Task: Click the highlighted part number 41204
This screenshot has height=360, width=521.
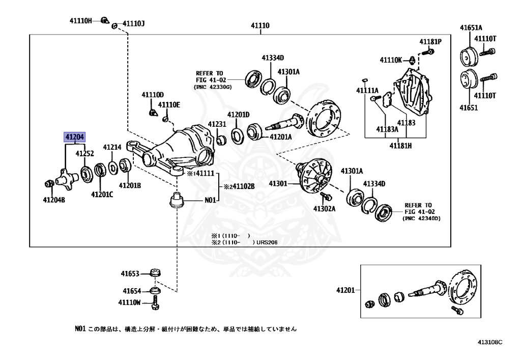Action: pos(75,136)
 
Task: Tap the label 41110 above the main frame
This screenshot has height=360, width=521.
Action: pos(260,25)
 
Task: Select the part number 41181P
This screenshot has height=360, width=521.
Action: pos(430,42)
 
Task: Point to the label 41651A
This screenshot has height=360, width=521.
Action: pos(471,27)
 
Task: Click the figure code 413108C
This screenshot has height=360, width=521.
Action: pos(490,342)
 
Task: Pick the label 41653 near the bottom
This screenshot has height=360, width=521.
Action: pos(130,273)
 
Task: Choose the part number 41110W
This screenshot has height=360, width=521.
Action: pos(129,302)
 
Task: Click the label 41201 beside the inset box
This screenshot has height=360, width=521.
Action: pos(345,290)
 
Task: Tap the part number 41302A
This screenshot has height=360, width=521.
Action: pos(324,208)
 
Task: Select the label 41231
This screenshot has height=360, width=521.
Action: pos(217,124)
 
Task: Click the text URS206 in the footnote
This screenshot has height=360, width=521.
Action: pos(267,242)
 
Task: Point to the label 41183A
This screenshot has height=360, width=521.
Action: pos(387,129)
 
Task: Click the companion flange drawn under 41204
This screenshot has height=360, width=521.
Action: pos(67,179)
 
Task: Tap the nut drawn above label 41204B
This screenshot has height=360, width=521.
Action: pos(49,183)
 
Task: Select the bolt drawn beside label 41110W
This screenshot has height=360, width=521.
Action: pos(155,303)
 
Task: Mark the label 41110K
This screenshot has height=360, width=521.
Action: pos(391,60)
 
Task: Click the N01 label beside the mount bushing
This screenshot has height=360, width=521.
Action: pos(210,200)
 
